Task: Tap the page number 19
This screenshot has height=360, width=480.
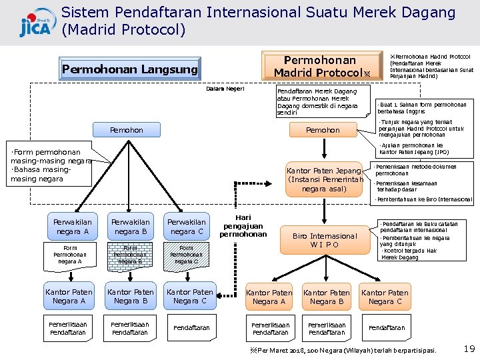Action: click(469, 349)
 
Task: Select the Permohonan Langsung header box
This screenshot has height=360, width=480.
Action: click(130, 69)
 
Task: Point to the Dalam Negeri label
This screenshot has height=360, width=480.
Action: click(226, 89)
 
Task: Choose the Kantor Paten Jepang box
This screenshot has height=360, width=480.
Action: click(325, 179)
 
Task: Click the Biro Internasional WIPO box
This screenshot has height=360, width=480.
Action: click(325, 240)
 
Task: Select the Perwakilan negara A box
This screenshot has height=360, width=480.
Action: click(73, 227)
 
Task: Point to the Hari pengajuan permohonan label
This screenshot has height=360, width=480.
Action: click(243, 226)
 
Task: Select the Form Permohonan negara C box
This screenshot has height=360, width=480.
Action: click(187, 254)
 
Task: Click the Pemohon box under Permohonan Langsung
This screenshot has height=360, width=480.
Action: click(126, 130)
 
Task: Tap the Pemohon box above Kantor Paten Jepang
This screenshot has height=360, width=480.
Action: click(323, 130)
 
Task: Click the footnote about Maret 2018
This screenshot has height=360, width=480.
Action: click(343, 350)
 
